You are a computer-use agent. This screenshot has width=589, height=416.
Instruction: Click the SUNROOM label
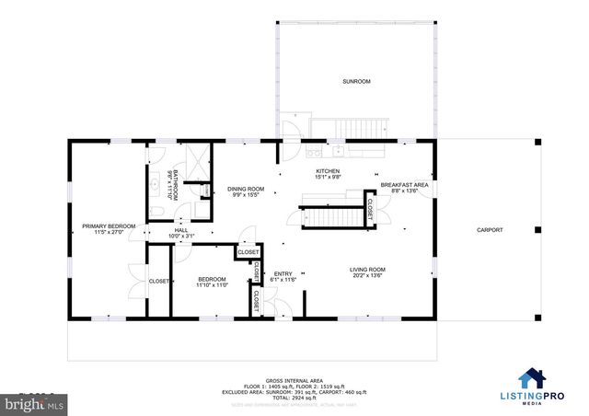pos(355,82)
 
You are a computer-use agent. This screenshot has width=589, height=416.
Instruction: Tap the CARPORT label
pos(489,230)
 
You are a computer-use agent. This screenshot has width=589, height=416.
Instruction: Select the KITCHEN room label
pos(329,171)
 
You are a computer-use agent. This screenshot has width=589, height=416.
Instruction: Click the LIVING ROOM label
pos(366,270)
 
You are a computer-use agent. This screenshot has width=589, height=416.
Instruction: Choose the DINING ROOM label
pos(245,189)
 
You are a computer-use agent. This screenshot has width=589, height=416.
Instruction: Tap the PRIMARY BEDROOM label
pos(108,226)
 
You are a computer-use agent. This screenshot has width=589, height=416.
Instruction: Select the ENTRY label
pos(283,273)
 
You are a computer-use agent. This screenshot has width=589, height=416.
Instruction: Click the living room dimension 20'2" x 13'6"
pos(366,276)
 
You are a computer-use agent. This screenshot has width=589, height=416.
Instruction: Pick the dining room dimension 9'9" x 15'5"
pos(245,195)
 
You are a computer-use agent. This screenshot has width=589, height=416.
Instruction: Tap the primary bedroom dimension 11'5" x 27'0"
pos(108,233)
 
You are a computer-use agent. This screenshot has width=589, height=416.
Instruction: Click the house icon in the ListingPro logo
pos(532,378)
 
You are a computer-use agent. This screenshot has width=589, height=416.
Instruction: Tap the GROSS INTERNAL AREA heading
pos(294,379)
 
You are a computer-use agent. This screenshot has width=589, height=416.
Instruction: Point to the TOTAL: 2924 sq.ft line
pos(294,397)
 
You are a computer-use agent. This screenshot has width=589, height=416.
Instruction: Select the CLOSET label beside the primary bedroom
pos(158,281)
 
